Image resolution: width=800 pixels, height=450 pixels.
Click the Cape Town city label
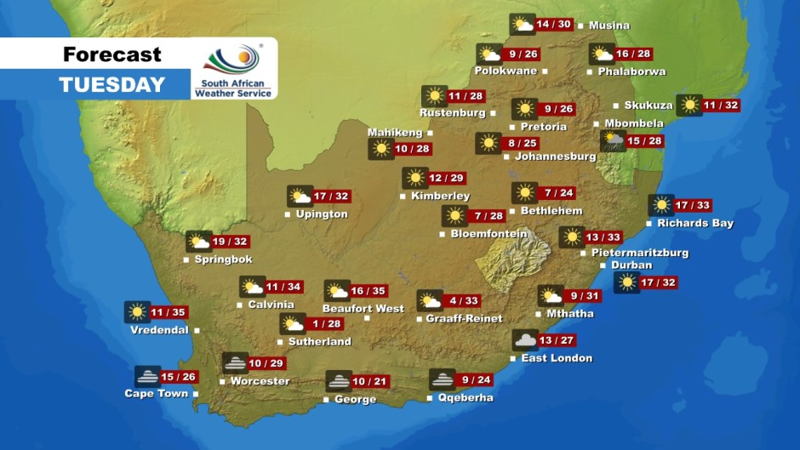coord(157,394)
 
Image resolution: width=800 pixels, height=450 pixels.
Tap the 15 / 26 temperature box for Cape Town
coord(180,377)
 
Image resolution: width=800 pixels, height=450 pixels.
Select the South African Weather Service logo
coord(233,70)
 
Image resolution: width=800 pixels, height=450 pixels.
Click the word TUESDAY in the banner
coord(111,85)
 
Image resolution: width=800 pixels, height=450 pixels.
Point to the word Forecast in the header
coord(111,55)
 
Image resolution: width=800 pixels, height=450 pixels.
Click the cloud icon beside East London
coord(525,340)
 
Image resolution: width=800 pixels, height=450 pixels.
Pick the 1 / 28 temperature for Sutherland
coord(328,324)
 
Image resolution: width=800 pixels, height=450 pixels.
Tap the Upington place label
coord(322,214)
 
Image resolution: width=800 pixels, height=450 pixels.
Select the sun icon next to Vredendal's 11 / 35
coord(137,312)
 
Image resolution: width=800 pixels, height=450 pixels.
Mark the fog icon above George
coord(339,381)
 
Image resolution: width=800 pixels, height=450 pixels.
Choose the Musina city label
coord(609,26)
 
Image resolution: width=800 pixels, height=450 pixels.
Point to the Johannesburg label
coord(556,157)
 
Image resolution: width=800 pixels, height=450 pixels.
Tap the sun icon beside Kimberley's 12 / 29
coord(415,178)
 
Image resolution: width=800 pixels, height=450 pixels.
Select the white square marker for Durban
coord(605,265)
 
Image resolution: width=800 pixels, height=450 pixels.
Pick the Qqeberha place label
coord(465,397)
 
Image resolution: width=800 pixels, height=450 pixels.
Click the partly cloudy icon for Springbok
coord(199,242)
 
